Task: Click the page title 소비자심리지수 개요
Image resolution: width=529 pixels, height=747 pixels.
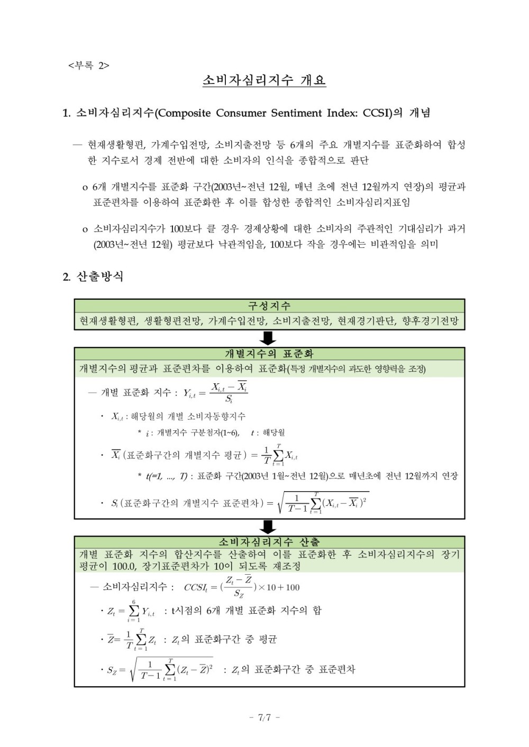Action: point(264,80)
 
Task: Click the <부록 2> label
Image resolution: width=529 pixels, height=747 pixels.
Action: point(88,66)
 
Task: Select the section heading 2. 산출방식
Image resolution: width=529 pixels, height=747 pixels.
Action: point(93,276)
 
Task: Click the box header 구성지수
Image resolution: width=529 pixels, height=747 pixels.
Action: point(269,306)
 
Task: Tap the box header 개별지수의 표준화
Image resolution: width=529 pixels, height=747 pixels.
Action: point(269,354)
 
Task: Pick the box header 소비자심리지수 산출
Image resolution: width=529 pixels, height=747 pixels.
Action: point(269,542)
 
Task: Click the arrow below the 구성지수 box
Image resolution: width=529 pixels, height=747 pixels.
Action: point(269,338)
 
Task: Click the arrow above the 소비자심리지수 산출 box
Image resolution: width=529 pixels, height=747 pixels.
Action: point(269,527)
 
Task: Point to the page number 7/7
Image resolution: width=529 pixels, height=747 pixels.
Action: point(264,717)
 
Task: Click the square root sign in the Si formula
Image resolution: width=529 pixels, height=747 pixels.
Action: point(281,503)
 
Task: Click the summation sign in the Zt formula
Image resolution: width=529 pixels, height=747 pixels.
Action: point(134,611)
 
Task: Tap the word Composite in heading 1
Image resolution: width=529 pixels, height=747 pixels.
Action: point(185,113)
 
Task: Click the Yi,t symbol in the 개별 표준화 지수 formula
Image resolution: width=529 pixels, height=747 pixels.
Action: point(189,393)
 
